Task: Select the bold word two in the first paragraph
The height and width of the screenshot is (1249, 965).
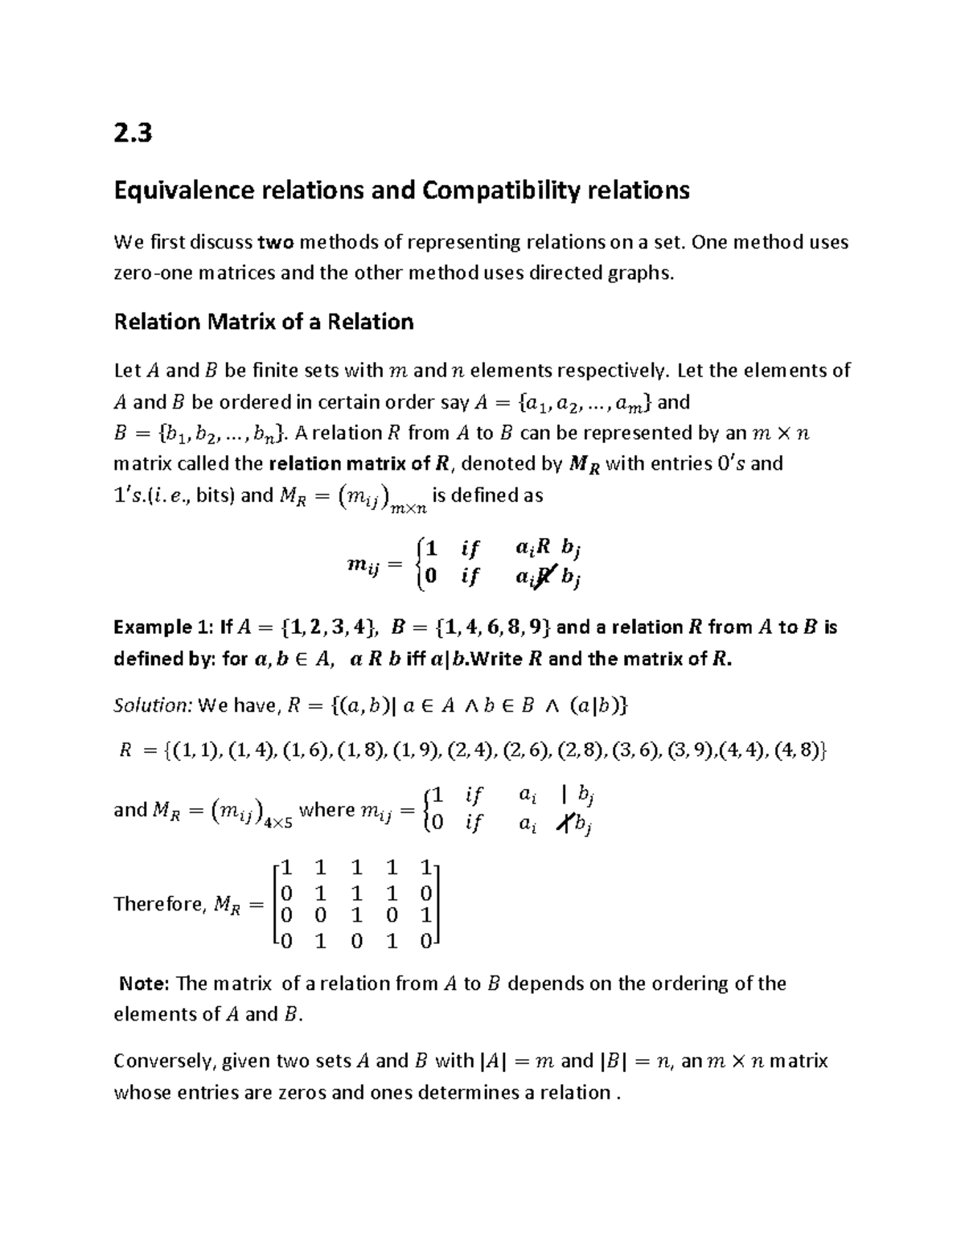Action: pos(275,242)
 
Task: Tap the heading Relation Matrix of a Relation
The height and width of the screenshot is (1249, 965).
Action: pos(264,322)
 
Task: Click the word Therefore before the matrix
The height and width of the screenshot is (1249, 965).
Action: pos(156,904)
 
